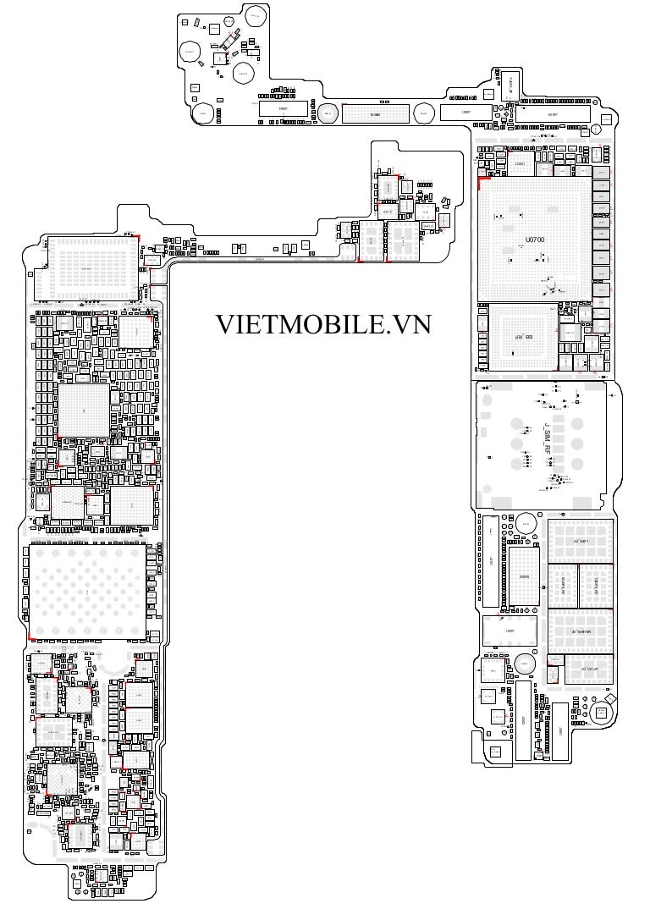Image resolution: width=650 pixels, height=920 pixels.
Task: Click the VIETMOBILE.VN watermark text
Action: coord(322,324)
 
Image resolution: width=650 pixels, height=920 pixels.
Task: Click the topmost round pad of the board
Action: coord(255,15)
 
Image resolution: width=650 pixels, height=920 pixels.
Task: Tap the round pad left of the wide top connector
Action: coord(328,113)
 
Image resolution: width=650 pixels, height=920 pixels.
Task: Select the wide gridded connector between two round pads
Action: coord(376,113)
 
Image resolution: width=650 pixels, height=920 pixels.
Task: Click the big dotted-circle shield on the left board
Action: coord(89,590)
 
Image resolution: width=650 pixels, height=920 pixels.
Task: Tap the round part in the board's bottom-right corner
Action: coord(602,713)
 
